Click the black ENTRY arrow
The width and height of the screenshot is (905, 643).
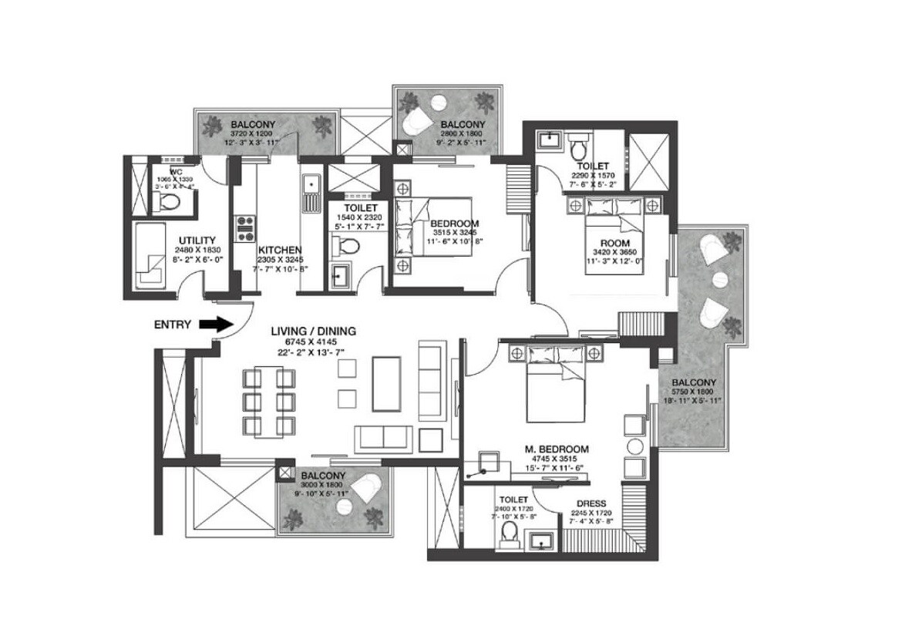[x=215, y=325]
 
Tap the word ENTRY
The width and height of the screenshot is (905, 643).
[x=172, y=325]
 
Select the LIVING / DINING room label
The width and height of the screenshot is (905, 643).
[x=313, y=332]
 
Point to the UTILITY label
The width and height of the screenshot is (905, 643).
[x=197, y=241]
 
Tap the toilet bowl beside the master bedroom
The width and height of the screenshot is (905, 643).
[x=509, y=531]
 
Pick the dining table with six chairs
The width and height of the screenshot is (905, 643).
[x=270, y=402]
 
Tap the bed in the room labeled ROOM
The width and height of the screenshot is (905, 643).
[x=614, y=231]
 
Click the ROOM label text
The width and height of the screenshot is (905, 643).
[x=615, y=243]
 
